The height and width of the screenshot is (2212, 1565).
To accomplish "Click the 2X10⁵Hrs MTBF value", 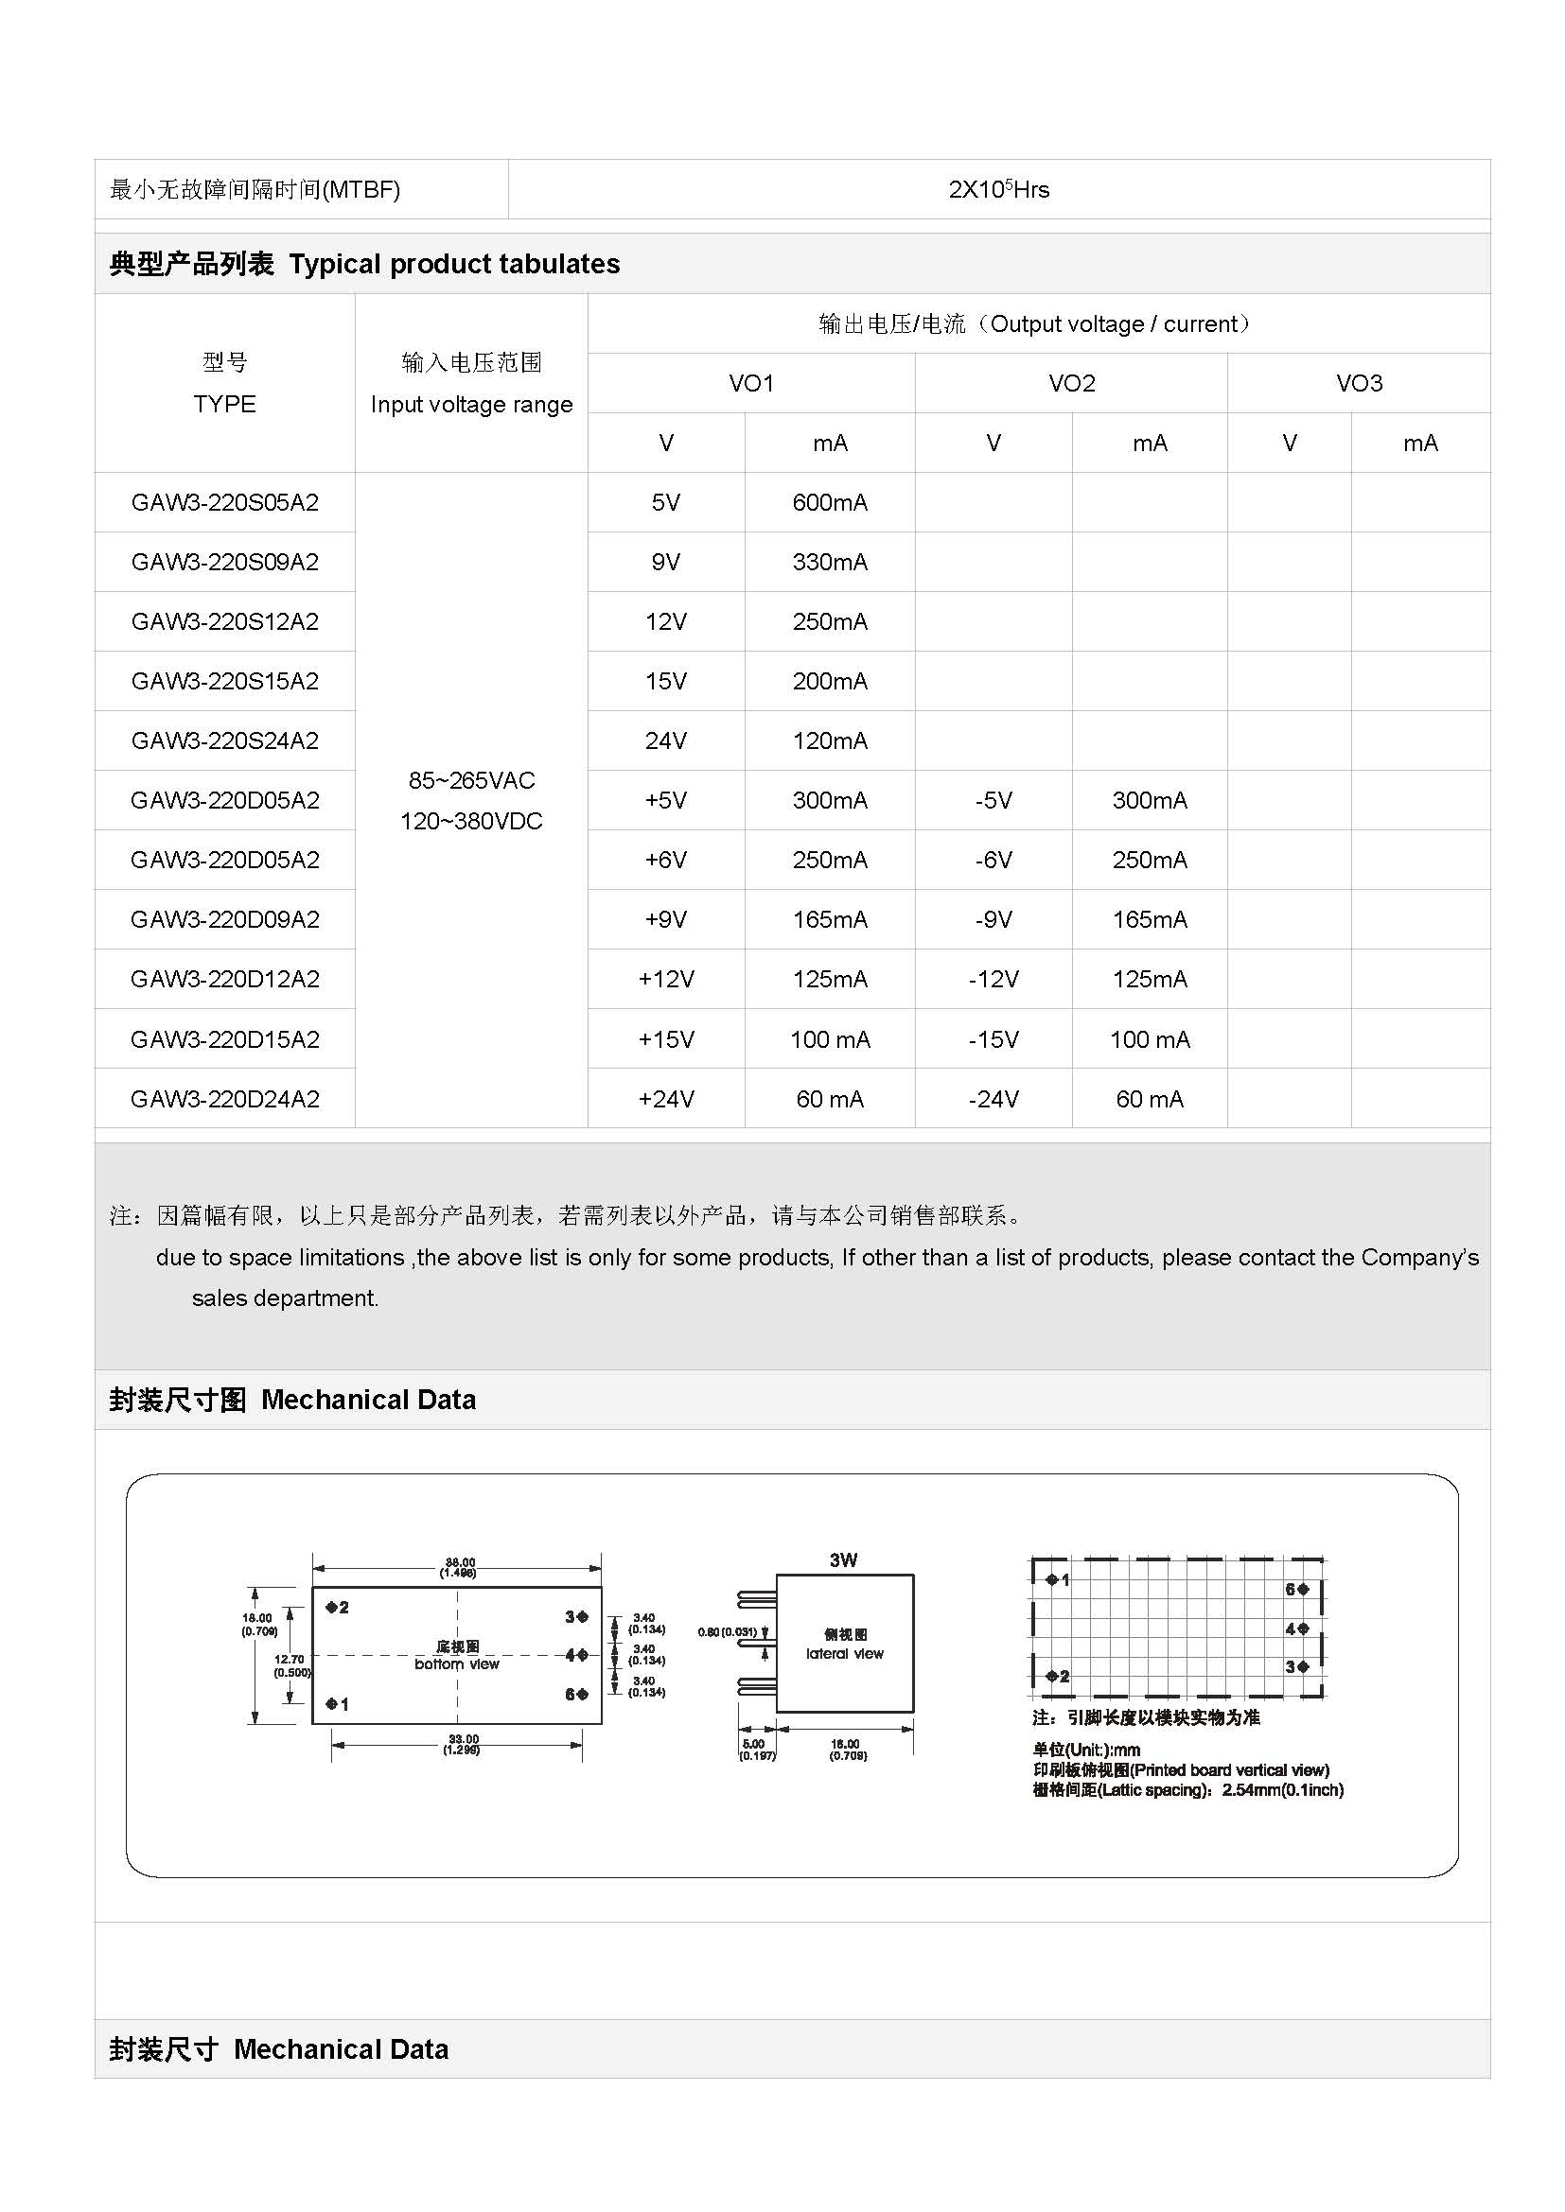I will tap(998, 190).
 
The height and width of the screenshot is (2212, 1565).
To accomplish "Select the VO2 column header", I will tap(1072, 383).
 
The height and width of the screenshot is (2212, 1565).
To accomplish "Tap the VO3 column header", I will tap(1359, 383).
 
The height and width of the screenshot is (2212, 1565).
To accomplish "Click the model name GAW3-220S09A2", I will tap(224, 562).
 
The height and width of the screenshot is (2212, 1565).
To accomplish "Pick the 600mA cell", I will tap(830, 502).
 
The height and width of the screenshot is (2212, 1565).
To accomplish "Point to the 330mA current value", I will tap(830, 562).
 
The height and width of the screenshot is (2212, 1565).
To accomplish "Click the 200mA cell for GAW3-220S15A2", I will tap(830, 681).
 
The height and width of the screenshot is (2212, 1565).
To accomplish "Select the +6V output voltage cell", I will tap(666, 860).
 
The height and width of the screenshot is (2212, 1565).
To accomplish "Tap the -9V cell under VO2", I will tap(994, 919).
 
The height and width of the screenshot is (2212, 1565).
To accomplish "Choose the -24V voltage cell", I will tap(994, 1098).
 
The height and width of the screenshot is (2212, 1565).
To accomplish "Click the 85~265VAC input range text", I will tap(471, 780).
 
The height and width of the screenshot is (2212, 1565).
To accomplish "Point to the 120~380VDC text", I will tap(471, 821).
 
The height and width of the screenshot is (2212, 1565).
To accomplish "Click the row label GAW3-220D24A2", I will tap(224, 1098).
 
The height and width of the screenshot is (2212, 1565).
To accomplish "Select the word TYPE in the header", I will tap(224, 404).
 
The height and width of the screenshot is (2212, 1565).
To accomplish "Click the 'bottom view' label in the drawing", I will tap(457, 1663).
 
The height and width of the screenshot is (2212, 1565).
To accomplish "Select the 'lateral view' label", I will tap(844, 1653).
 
